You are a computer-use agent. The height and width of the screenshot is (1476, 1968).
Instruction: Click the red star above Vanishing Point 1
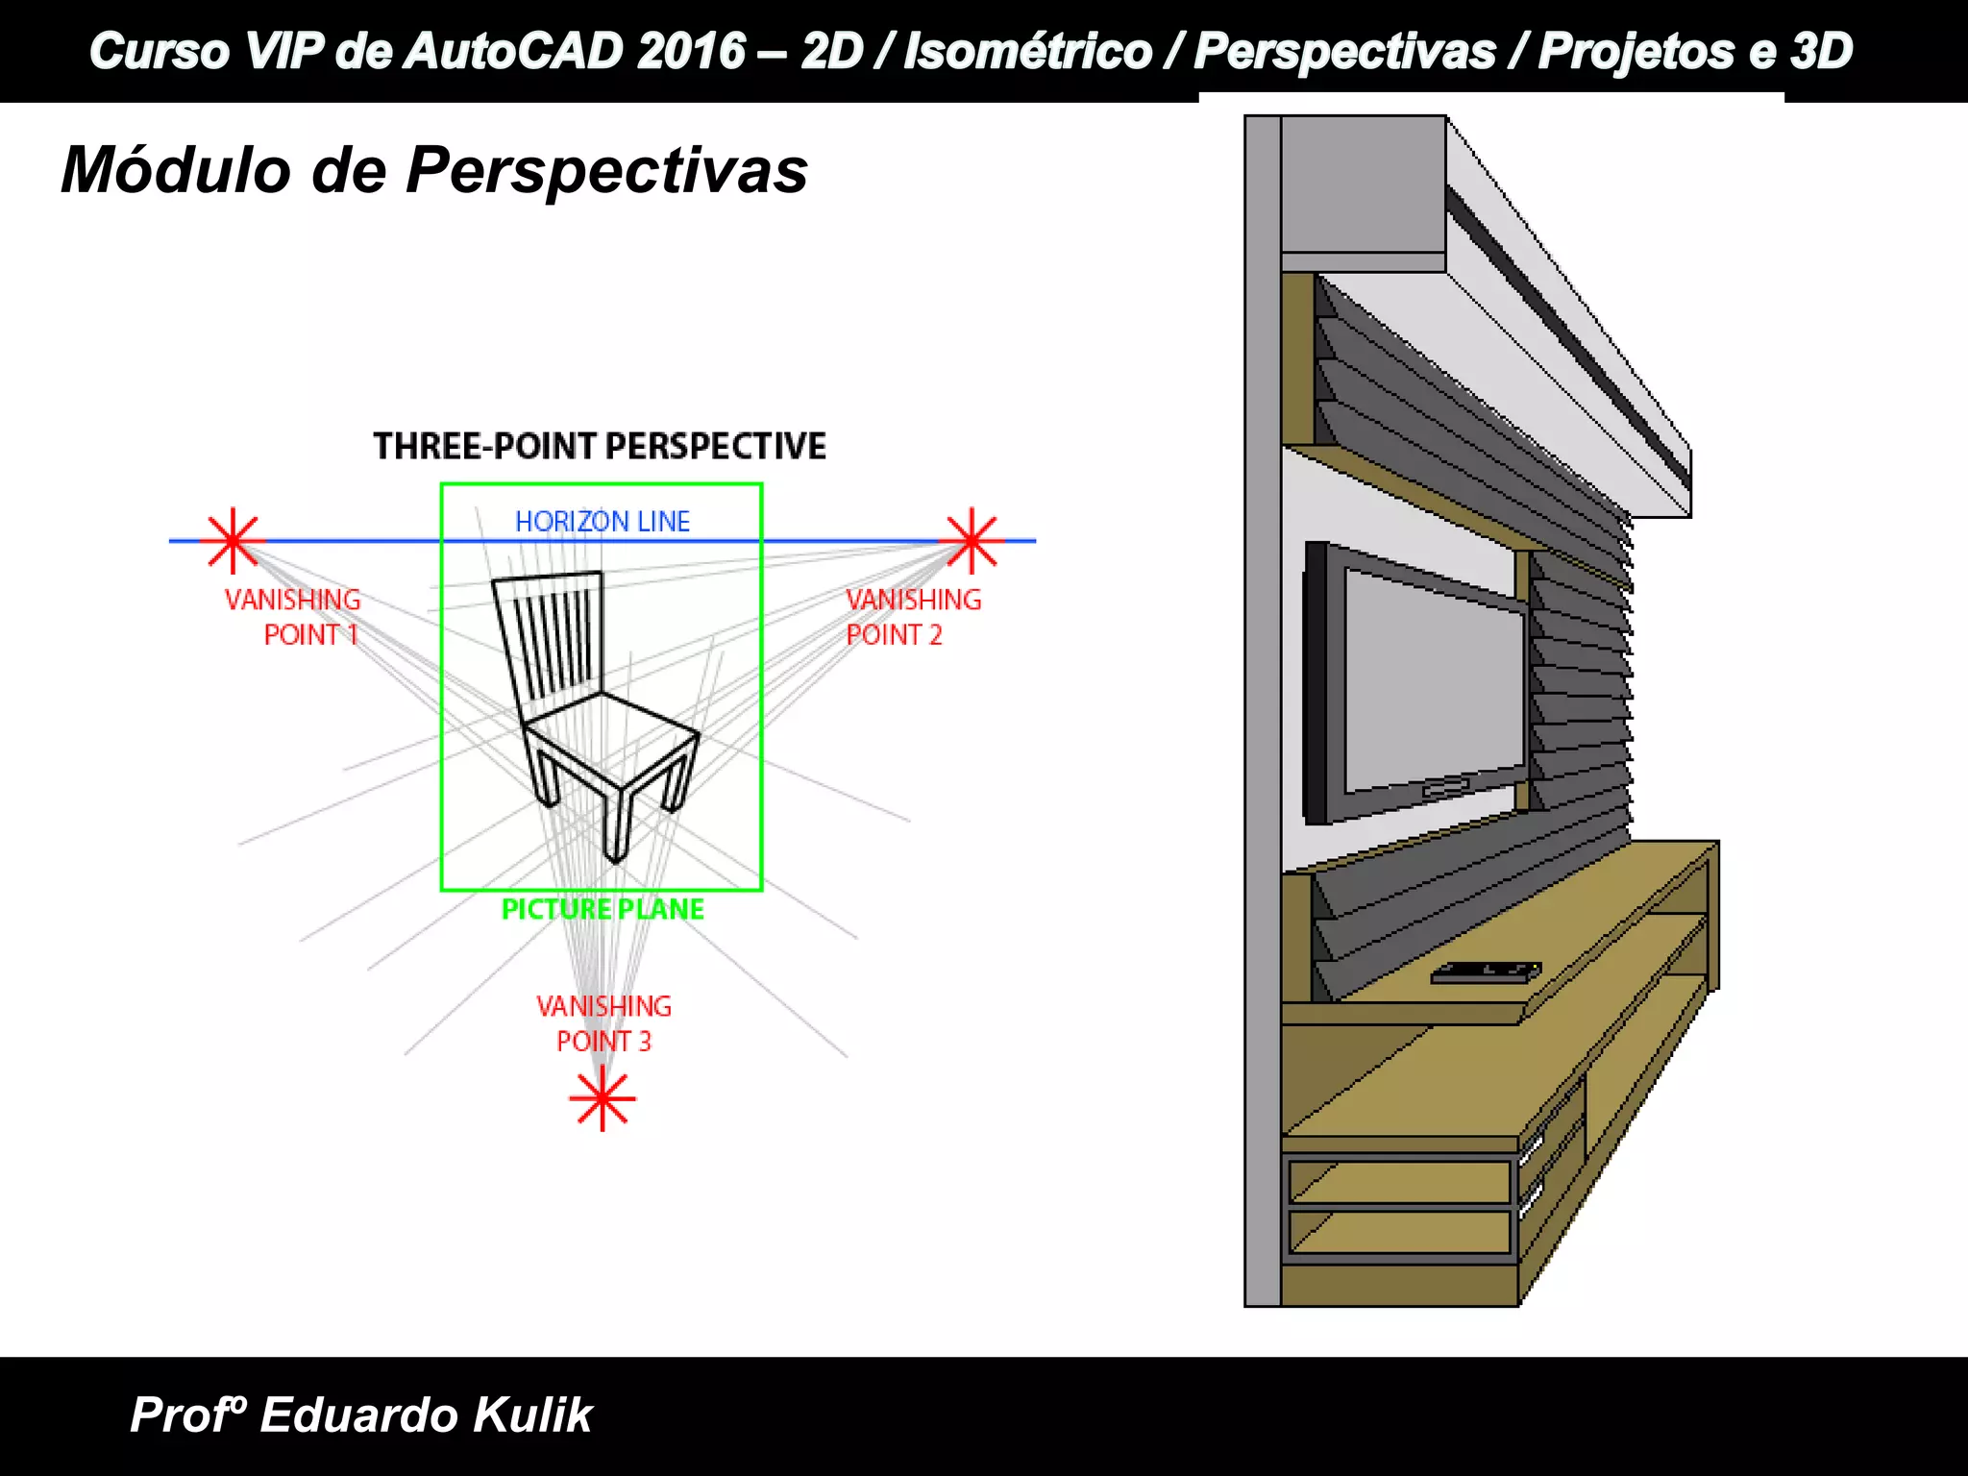(233, 540)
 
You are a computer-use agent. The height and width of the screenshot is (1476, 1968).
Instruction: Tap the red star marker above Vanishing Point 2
(972, 540)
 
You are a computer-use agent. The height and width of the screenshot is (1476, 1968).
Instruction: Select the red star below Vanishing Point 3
(603, 1098)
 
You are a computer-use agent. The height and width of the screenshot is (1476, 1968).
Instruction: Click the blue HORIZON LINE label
(603, 522)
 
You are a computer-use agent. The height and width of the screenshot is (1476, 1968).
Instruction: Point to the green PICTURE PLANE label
(603, 909)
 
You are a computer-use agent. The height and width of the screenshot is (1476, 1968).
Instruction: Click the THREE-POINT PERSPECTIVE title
(600, 447)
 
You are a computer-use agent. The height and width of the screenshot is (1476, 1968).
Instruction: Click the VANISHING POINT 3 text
(603, 1023)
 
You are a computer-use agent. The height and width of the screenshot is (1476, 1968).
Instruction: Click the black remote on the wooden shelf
(1485, 972)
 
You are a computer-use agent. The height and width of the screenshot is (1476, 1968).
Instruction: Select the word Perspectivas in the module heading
(606, 171)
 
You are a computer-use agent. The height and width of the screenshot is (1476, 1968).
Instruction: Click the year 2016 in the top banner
(691, 51)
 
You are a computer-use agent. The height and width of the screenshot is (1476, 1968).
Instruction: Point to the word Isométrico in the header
(1027, 51)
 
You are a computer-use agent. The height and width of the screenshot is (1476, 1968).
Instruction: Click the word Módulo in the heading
(176, 171)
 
